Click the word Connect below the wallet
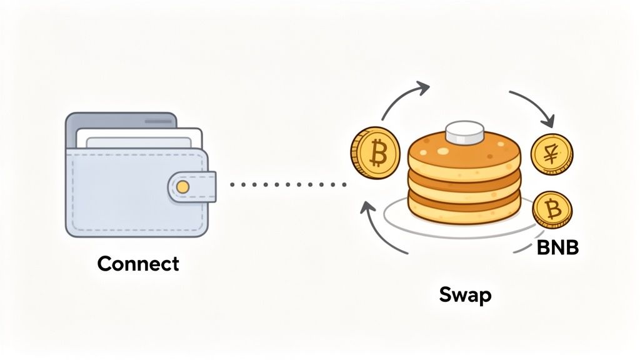click(138, 263)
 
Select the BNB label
click(557, 248)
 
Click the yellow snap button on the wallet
click(182, 186)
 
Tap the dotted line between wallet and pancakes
click(287, 184)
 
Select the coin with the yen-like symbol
click(551, 154)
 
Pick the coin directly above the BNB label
click(552, 209)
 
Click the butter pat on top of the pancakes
click(465, 134)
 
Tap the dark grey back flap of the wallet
click(119, 119)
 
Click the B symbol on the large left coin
click(377, 152)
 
